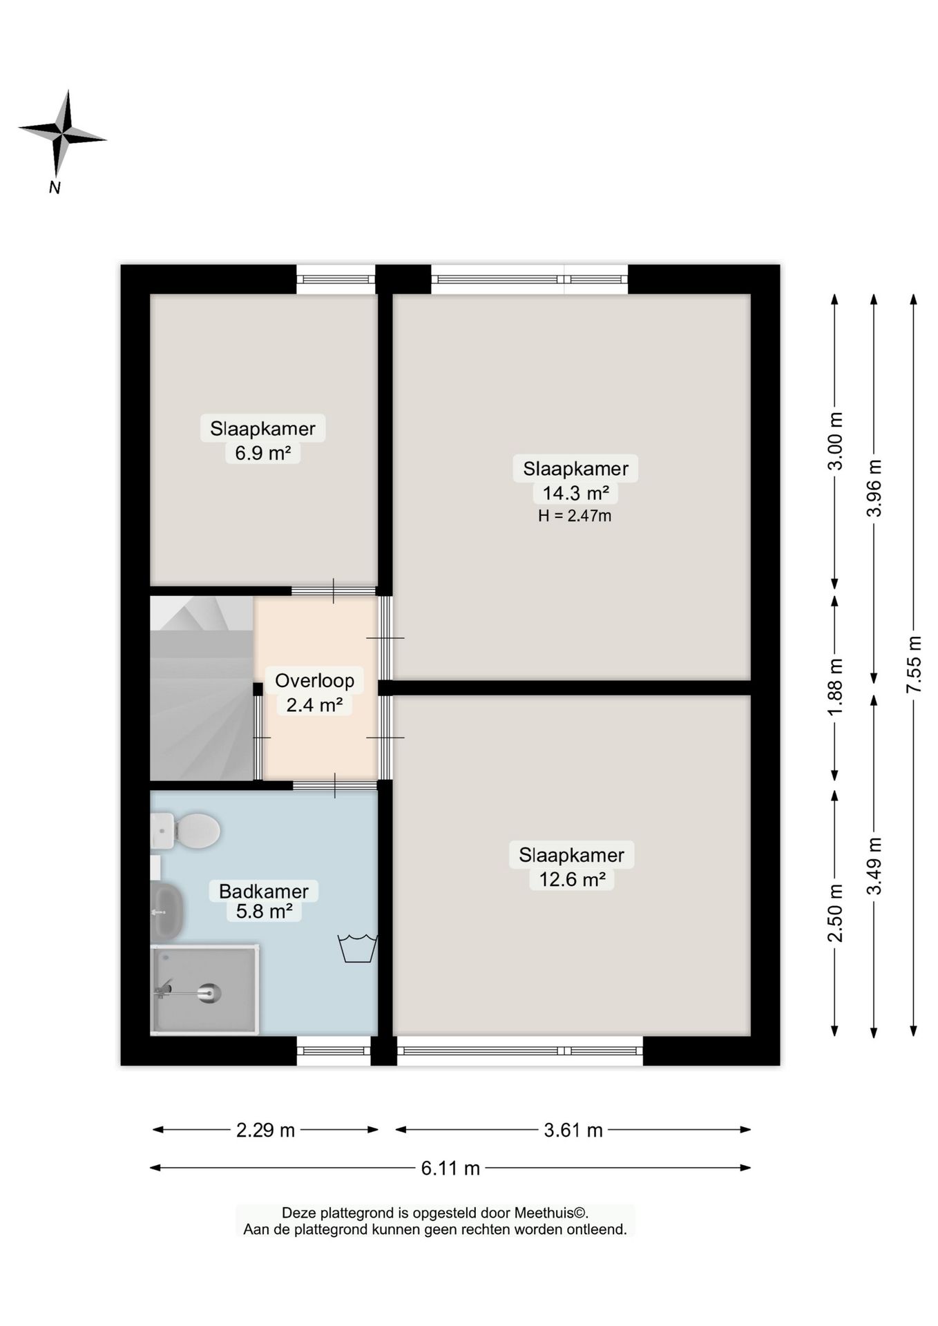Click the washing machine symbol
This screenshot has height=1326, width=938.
pyautogui.click(x=357, y=948)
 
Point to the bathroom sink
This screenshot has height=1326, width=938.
pyautogui.click(x=166, y=911)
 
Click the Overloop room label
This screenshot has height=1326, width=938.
pyautogui.click(x=314, y=680)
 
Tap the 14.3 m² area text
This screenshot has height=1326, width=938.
pyautogui.click(x=575, y=493)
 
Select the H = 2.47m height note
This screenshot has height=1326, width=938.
pyautogui.click(x=575, y=516)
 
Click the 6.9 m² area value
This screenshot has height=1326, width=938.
pyautogui.click(x=262, y=453)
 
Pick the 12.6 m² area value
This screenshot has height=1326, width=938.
pyautogui.click(x=572, y=880)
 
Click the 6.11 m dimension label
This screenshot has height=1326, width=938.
pyautogui.click(x=450, y=1168)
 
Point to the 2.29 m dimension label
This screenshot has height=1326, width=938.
pyautogui.click(x=265, y=1130)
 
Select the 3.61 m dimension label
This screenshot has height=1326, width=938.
pyautogui.click(x=573, y=1130)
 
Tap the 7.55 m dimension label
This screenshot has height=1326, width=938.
pyautogui.click(x=914, y=664)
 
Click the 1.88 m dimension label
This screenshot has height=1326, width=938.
pyautogui.click(x=835, y=688)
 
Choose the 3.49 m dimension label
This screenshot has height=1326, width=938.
pyautogui.click(x=874, y=866)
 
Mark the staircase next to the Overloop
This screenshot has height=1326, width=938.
pyautogui.click(x=202, y=689)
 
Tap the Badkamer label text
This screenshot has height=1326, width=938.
pyautogui.click(x=263, y=891)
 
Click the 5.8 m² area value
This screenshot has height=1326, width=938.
pyautogui.click(x=264, y=912)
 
